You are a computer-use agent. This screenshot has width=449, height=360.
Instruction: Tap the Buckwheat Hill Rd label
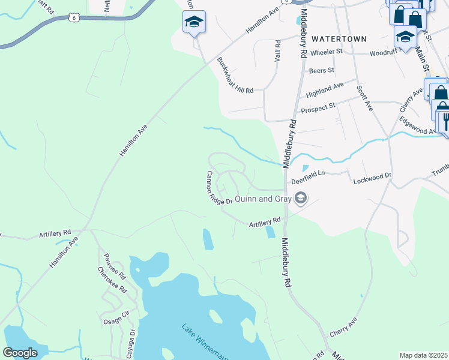click(235, 75)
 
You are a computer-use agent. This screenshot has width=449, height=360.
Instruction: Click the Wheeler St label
click(326, 52)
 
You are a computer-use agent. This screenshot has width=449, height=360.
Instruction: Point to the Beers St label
click(321, 71)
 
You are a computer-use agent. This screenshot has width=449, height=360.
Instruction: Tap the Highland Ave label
click(325, 90)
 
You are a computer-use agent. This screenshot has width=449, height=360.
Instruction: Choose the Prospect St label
click(318, 110)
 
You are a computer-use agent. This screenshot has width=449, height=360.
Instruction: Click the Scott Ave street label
click(364, 97)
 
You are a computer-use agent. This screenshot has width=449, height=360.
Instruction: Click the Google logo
click(20, 353)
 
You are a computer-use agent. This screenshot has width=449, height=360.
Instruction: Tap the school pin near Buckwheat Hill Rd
click(194, 22)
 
